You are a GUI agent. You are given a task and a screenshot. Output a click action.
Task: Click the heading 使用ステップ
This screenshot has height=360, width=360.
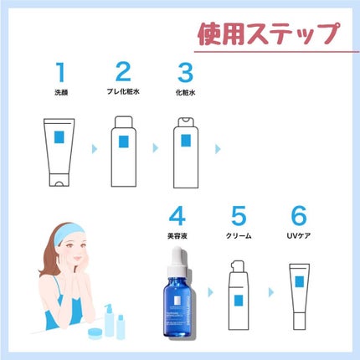pyautogui.click(x=268, y=34)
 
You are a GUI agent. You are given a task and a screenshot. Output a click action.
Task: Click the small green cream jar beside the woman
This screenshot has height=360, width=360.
pyautogui.click(x=97, y=332)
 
